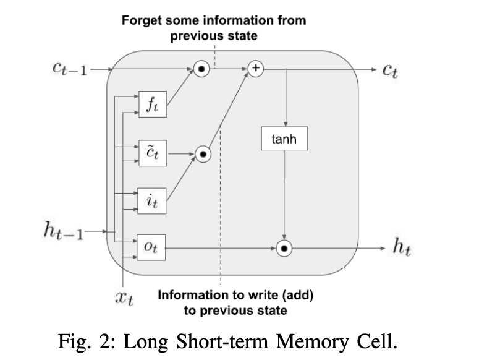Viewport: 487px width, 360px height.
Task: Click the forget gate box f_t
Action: pos(152,105)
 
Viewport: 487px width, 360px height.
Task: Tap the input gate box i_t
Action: pos(152,202)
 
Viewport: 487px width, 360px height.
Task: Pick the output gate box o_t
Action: pos(152,247)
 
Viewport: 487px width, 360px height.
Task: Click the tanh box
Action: pos(284,139)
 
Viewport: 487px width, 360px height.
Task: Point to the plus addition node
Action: pos(255,68)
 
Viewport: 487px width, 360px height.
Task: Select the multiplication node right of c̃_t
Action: pos(203,153)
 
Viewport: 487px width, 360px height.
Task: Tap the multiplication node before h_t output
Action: pos(284,248)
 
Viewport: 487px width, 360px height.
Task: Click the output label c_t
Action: pos(389,69)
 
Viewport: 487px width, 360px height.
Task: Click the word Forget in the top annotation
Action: pos(140,20)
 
